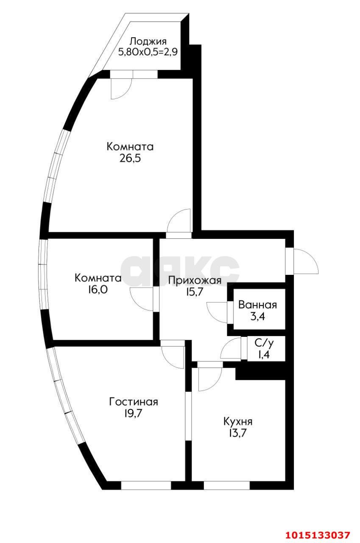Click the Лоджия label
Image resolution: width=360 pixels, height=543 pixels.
tap(148, 42)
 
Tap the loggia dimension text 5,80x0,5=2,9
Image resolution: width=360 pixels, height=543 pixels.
tap(148, 52)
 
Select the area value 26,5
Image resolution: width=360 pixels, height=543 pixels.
tap(130, 159)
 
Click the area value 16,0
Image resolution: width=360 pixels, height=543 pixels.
tap(98, 290)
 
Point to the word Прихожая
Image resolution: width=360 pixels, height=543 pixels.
tap(195, 280)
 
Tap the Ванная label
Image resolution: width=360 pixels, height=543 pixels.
tap(257, 305)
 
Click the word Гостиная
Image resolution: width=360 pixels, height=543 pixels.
tap(134, 402)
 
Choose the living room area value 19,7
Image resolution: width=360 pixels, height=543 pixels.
tap(134, 413)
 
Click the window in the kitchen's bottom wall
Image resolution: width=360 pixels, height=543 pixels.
tap(226, 485)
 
